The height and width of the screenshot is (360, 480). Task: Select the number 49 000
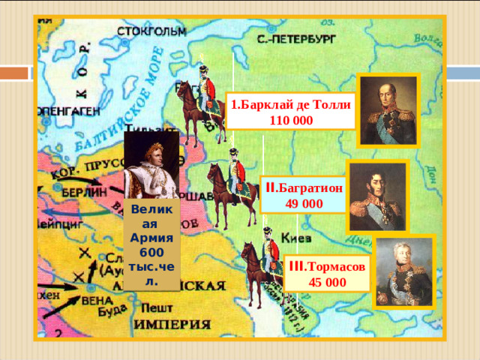[303, 204]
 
